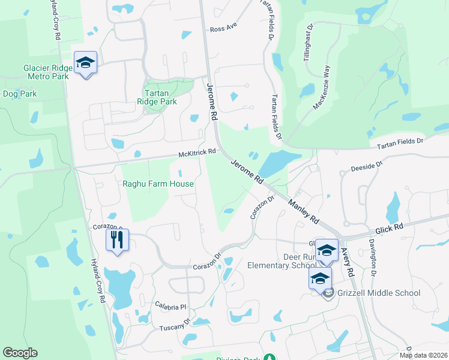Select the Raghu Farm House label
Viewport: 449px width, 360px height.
(158, 184)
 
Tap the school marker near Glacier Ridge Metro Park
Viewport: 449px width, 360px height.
(85, 62)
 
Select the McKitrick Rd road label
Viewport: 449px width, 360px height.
(197, 154)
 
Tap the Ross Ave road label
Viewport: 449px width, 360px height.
(224, 29)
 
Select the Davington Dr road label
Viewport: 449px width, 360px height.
(373, 254)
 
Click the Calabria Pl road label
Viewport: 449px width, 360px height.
(170, 307)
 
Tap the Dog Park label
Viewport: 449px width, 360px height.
(20, 94)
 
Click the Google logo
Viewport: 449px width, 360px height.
(20, 353)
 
